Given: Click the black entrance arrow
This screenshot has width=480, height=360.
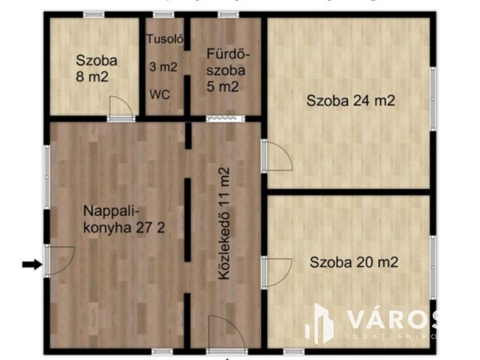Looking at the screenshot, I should tap(31, 264).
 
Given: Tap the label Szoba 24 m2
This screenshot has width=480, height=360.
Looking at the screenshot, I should tap(350, 101).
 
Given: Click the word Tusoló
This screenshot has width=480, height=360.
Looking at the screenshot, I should tap(163, 40).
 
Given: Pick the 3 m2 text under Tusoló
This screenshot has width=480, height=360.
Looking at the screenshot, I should tap(163, 67).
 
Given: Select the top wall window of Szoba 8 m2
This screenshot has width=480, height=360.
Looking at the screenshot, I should tap(94, 14).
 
